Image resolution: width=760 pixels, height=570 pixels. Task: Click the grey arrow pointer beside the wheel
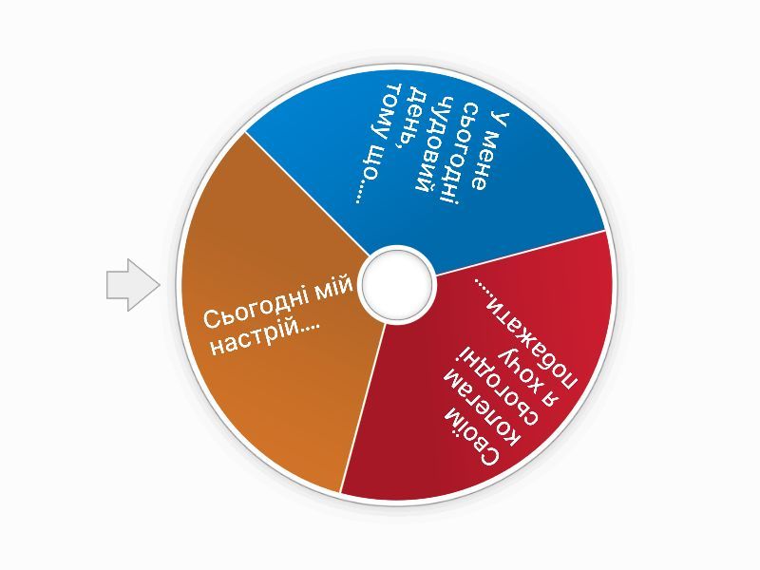pos(132,285)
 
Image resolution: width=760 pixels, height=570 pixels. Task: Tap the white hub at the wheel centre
pos(397,285)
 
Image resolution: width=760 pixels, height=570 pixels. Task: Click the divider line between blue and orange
pos(305,192)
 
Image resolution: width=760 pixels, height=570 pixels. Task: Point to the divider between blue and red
pos(520,251)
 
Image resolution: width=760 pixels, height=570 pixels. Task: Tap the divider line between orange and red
pos(363,408)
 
